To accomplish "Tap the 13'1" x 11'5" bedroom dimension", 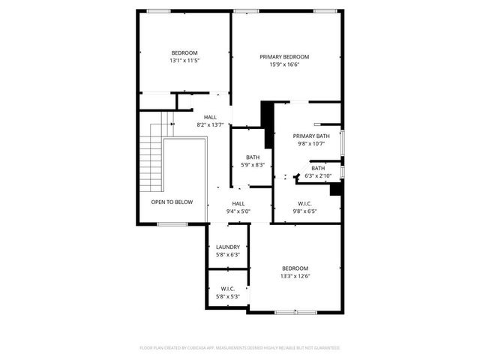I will tap(184, 60).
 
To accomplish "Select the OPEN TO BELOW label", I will tap(172, 202).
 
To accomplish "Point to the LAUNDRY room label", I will tap(227, 247).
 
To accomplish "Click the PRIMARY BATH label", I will tap(310, 136).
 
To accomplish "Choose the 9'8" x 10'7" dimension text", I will tap(310, 143).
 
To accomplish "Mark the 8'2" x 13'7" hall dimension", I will tap(210, 124).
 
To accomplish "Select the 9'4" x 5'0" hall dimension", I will tap(238, 211).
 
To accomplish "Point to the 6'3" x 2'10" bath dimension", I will tap(318, 176).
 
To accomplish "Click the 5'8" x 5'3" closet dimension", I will tap(227, 297).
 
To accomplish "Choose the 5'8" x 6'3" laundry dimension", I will tap(227, 255).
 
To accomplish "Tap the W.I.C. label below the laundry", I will tap(227, 289).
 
